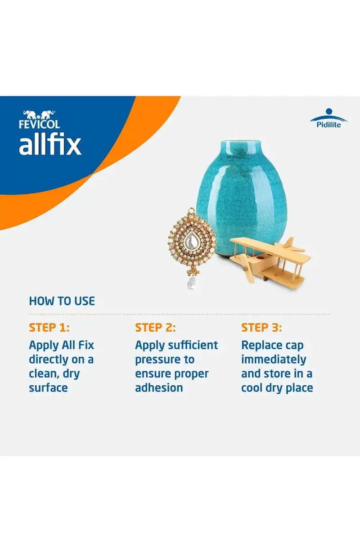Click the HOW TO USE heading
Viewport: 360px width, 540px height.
click(x=62, y=301)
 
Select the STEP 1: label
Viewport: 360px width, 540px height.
click(x=49, y=327)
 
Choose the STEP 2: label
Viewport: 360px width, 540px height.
click(x=155, y=327)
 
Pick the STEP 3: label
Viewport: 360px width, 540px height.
click(x=261, y=327)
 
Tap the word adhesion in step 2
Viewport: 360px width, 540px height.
click(x=159, y=388)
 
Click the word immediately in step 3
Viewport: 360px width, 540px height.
click(x=274, y=360)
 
